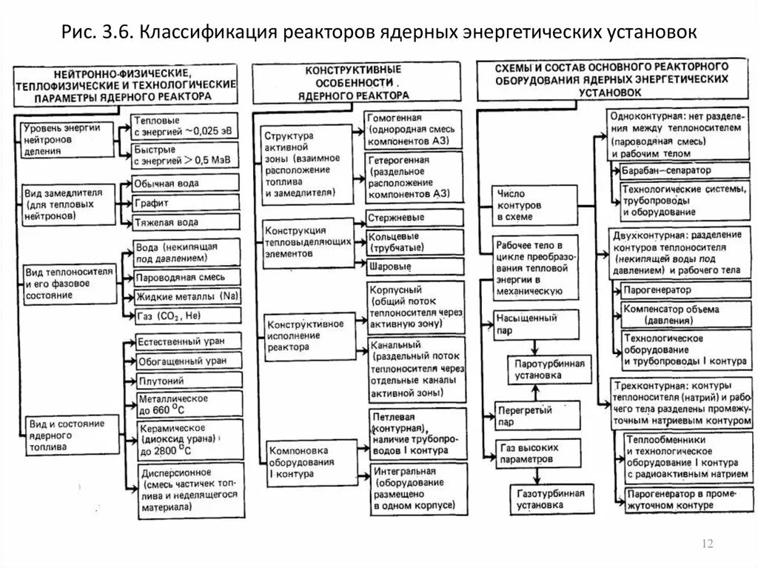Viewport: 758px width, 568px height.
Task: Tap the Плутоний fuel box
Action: pyautogui.click(x=188, y=381)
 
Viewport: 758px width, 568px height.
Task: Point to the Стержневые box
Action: pyautogui.click(x=414, y=218)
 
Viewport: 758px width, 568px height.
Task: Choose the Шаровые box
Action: pyautogui.click(x=414, y=266)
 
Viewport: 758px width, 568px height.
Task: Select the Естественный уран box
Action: pyautogui.click(x=188, y=341)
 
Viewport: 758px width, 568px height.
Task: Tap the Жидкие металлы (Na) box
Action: pyautogui.click(x=187, y=296)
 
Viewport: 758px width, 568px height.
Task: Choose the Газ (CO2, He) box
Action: pyautogui.click(x=187, y=316)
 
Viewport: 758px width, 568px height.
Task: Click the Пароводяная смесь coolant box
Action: pyautogui.click(x=187, y=278)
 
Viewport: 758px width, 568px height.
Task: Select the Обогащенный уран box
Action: pyautogui.click(x=188, y=361)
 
